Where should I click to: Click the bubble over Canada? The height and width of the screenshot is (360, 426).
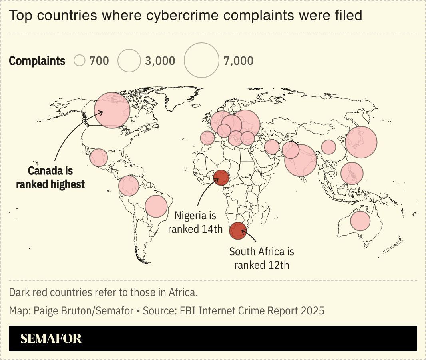(112, 110)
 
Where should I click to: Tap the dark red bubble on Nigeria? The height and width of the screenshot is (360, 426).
(221, 178)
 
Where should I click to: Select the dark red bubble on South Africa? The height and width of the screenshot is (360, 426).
(238, 231)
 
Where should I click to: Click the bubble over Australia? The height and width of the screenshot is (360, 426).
(360, 220)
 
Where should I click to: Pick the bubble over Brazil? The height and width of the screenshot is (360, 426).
(156, 206)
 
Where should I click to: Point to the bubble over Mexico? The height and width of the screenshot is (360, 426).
(99, 158)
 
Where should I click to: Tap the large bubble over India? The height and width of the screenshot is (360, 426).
(301, 160)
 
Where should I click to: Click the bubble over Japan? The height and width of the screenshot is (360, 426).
(361, 142)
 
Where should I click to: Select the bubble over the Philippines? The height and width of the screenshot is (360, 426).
(352, 173)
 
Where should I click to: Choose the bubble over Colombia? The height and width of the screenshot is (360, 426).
(129, 186)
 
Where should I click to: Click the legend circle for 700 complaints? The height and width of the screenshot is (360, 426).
(80, 61)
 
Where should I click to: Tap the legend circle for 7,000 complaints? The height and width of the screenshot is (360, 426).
(201, 60)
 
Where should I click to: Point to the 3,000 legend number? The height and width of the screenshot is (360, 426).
(160, 61)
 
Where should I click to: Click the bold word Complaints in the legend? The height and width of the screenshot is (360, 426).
(37, 61)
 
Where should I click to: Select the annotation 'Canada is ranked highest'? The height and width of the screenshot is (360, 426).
(50, 178)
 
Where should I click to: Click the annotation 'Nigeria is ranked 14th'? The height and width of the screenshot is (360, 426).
(195, 222)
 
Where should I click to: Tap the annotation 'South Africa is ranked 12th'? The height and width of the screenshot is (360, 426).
(261, 258)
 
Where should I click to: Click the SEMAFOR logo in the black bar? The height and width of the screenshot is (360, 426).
(51, 339)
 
